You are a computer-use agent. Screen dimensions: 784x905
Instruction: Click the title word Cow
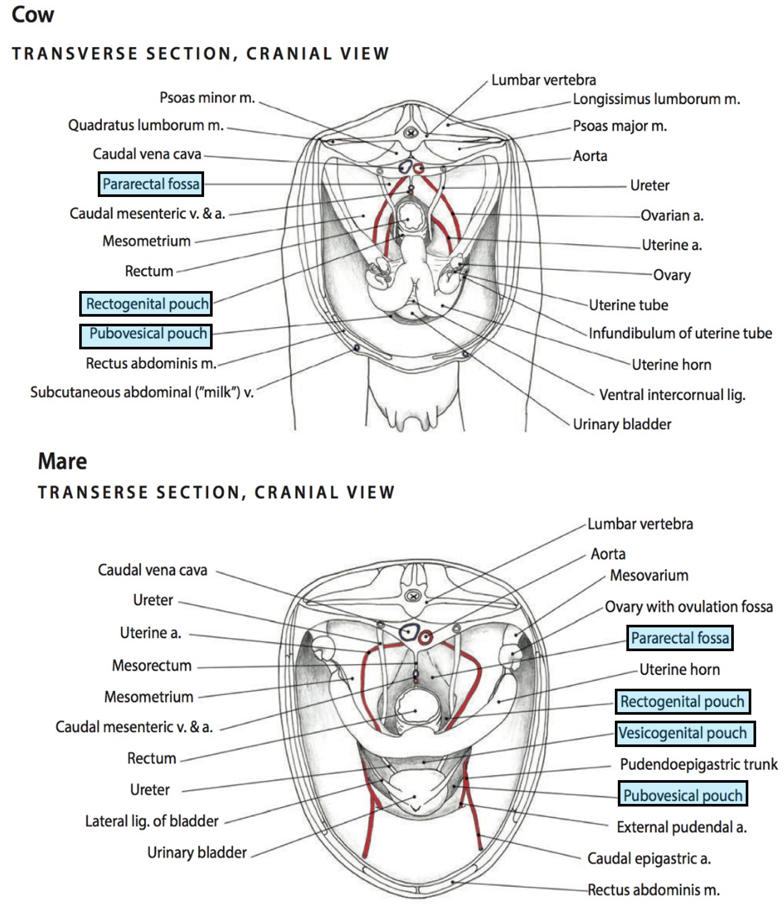pos(33,14)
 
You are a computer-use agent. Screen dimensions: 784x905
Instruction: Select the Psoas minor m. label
pos(207,97)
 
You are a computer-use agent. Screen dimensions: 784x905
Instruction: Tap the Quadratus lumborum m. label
pos(146,125)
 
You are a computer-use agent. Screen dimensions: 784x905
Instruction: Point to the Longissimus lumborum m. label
pos(656,99)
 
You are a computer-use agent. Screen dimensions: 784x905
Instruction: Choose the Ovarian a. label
pos(672,215)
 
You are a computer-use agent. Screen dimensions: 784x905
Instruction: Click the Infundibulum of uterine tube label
pos(680,333)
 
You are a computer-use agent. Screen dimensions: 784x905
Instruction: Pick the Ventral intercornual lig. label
pos(672,395)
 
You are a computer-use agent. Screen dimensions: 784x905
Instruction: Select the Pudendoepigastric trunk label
pos(699,764)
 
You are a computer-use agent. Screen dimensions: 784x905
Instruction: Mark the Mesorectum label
pos(151,665)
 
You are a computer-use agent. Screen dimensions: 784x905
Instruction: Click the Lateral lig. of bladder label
pos(151,821)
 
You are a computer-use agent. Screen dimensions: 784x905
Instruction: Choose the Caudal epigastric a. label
pos(649,858)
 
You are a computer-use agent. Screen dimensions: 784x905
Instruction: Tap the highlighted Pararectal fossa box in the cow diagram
pos(151,184)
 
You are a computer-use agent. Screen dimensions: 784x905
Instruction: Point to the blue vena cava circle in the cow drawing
pos(405,167)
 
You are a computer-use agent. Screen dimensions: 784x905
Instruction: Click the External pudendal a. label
pos(682,827)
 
